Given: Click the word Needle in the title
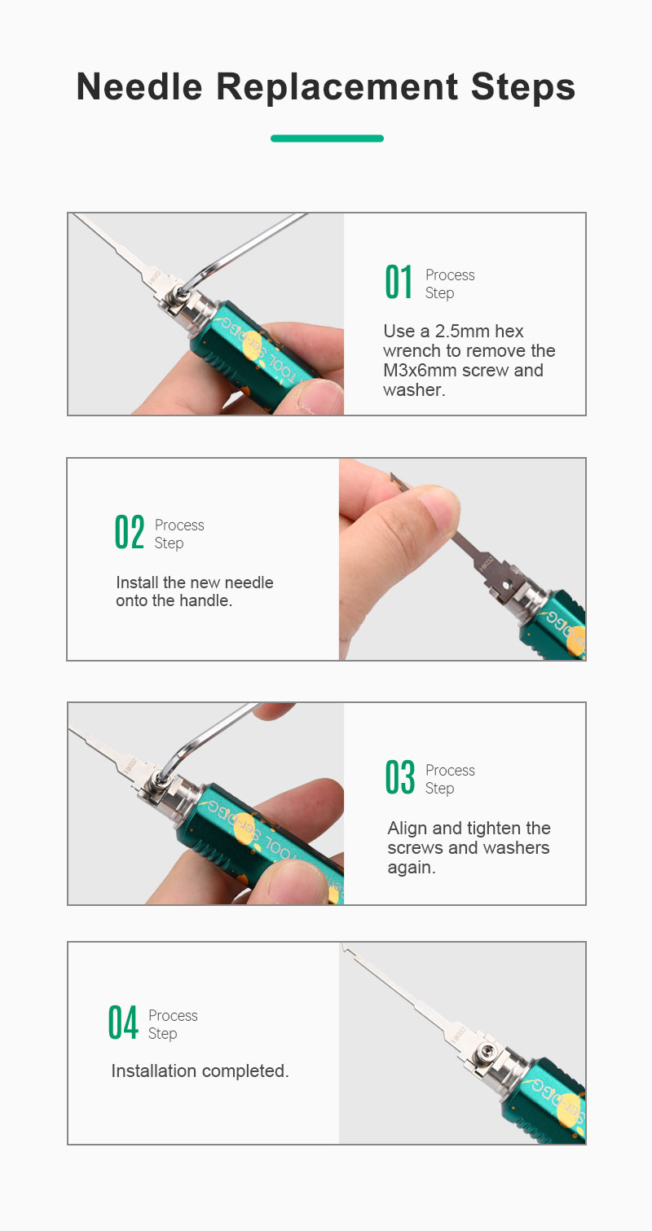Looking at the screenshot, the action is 139,87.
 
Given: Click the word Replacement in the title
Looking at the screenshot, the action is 337,87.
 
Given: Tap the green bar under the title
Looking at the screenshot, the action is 327,138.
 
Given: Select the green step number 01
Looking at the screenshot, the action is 399,282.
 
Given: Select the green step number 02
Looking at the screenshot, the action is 130,532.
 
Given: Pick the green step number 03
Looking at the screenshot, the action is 400,777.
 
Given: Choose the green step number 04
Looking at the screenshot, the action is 123,1022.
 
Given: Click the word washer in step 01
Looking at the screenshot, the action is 412,390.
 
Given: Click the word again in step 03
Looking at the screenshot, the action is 412,868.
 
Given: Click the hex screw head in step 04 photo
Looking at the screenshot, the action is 486,1052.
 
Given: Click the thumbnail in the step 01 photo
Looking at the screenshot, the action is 324,396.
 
